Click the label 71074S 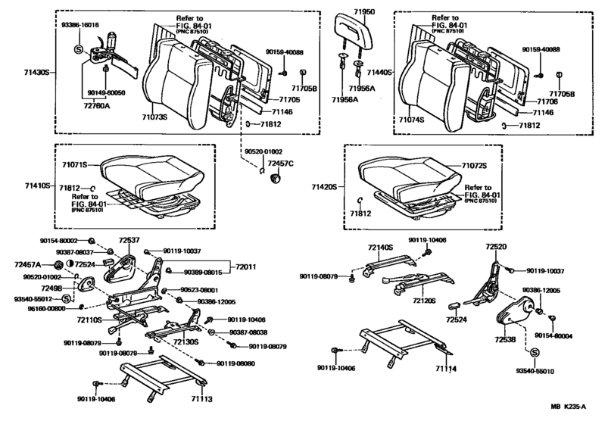tap(412, 120)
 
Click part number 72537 tap(131, 240)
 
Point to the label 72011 tap(245, 267)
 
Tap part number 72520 tap(497, 247)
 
